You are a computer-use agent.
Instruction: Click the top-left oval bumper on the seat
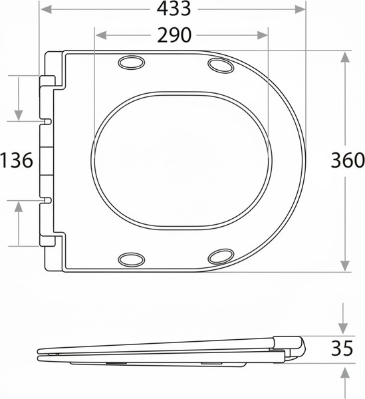pyautogui.click(x=132, y=63)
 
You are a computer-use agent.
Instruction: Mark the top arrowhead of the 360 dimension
pyautogui.click(x=346, y=55)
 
